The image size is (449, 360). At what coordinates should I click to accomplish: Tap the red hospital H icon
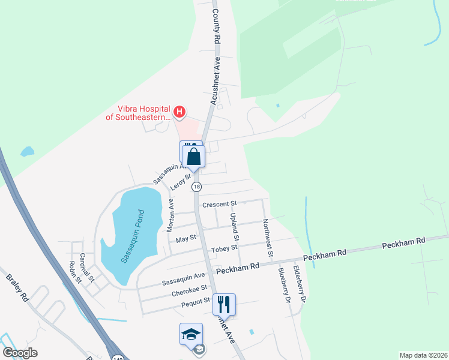coord(178,111)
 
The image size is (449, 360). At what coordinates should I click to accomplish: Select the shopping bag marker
coord(193,157)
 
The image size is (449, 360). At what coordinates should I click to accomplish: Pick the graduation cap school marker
coord(191,334)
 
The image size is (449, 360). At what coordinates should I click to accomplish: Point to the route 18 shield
coord(196,187)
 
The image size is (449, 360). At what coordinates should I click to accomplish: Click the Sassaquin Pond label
coord(132,236)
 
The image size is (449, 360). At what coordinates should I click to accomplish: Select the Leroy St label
coord(180,181)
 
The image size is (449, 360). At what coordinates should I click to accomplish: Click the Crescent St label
coord(220,204)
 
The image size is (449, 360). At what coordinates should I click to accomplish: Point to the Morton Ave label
coord(170,216)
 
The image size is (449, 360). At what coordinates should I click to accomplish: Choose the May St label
coord(185,238)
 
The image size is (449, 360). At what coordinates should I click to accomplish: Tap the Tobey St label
coord(224,247)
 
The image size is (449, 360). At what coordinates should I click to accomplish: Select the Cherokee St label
coord(189,288)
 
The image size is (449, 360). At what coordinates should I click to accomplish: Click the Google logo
coord(20,353)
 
